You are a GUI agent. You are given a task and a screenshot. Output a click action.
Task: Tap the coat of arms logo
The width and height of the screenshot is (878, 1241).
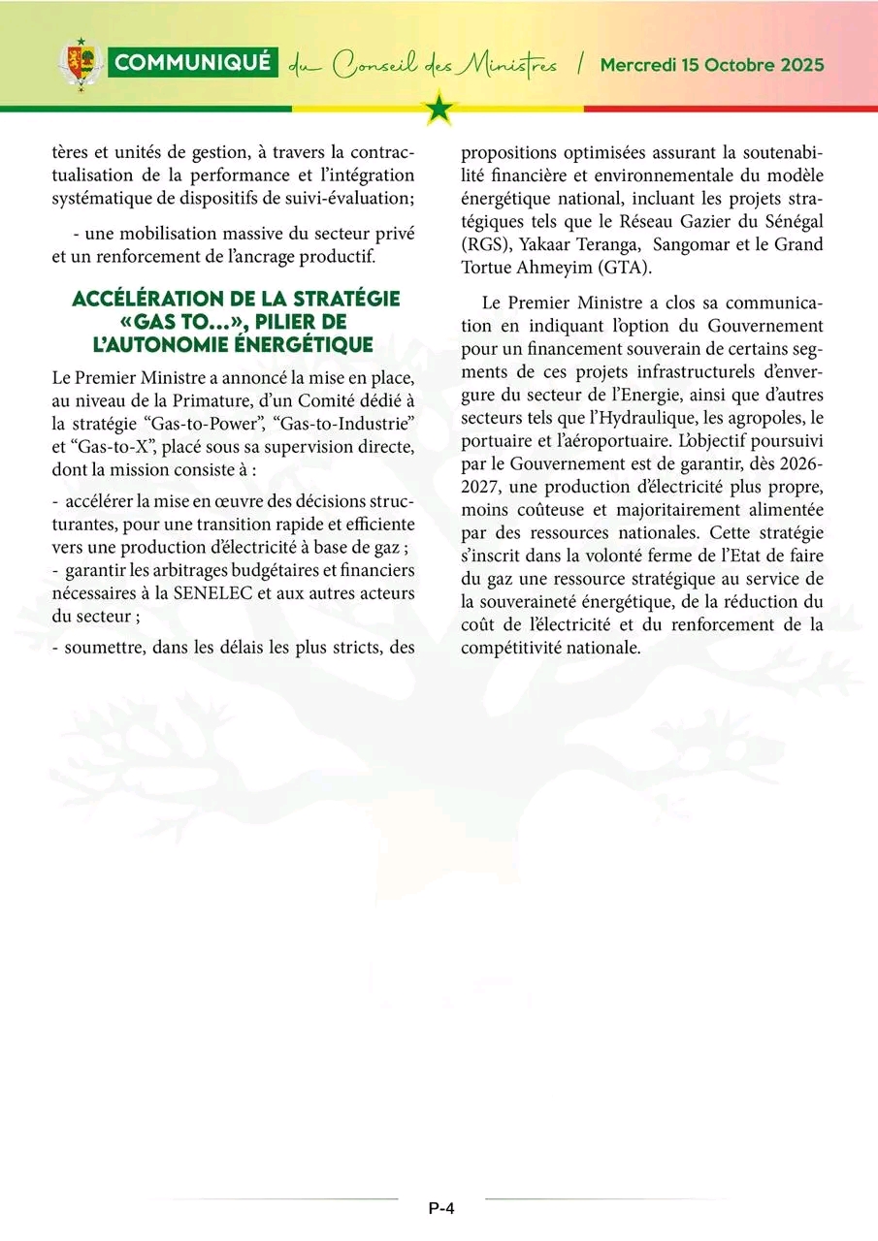[81, 64]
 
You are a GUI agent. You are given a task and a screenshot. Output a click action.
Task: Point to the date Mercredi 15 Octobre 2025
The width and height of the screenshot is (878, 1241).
[712, 65]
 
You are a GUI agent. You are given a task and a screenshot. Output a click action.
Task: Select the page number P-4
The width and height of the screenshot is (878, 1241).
[441, 1208]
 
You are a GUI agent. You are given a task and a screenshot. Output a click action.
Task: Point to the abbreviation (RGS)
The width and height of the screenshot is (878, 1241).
[484, 244]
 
